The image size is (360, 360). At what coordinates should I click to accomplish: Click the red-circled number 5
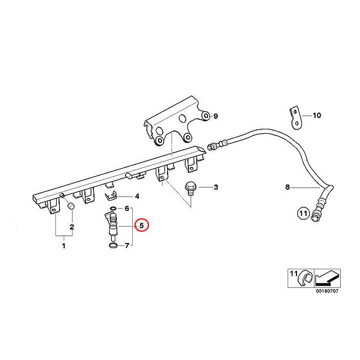pos(142,225)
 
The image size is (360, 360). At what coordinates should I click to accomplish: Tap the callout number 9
pos(215,116)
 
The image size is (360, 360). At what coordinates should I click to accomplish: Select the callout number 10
pos(317,115)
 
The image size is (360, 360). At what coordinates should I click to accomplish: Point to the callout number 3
pos(216,187)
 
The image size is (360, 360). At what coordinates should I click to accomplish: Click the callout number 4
pos(137,196)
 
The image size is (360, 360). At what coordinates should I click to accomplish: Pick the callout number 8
pos(287,187)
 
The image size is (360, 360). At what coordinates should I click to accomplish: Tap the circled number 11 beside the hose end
pos(303,214)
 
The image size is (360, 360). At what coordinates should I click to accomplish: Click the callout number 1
pos(64,246)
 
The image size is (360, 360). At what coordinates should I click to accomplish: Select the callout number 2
pos(72,227)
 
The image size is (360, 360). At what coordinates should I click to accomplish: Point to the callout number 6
pos(127,209)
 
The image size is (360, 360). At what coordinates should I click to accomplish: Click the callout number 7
pos(127,246)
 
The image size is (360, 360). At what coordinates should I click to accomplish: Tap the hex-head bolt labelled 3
pos(190,188)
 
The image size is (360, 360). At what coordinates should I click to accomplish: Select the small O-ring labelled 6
pos(112,209)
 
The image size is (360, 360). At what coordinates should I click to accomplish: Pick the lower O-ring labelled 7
pos(113,245)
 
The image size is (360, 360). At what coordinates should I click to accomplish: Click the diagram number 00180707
pos(327,291)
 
